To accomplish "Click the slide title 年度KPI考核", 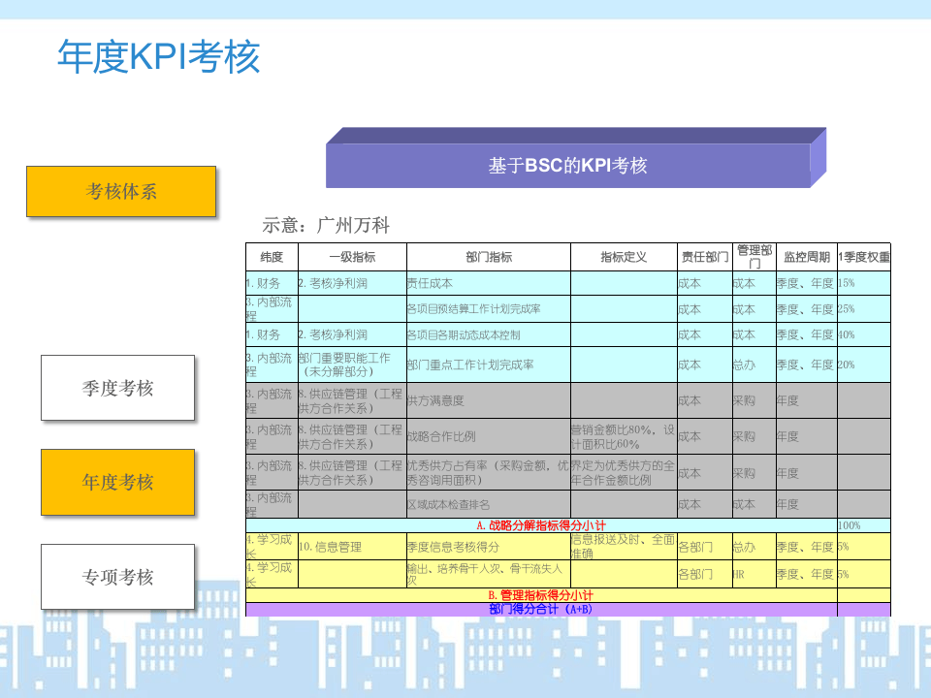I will (159, 57).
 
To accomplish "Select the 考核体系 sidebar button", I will (121, 191).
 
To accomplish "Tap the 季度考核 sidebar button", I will (117, 388).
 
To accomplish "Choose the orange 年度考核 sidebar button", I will (117, 482).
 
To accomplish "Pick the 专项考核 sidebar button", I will (117, 577).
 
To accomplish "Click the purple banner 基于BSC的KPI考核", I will (567, 166).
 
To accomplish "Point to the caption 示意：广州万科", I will (326, 225).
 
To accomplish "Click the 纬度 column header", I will (272, 257).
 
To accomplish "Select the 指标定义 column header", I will (624, 257).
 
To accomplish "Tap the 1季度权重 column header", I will (863, 257).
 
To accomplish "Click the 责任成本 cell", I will (429, 283).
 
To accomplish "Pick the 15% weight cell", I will (847, 283).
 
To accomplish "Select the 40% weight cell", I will (847, 334).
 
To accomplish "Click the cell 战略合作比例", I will (440, 436).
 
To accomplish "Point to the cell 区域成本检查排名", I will (447, 504).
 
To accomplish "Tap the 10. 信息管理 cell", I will (330, 547).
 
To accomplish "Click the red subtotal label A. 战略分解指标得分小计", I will (540, 524).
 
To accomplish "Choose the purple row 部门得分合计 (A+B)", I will (540, 610).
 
